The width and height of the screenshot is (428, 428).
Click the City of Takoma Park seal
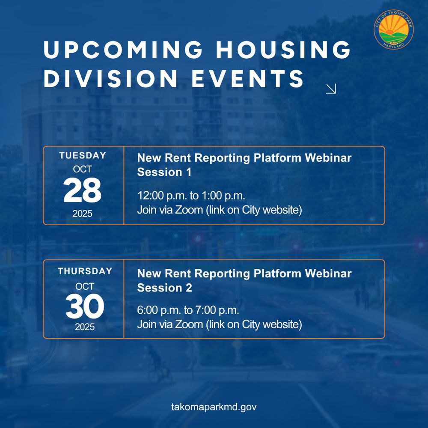(x=394, y=30)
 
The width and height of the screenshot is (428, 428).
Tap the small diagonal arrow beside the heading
(x=331, y=89)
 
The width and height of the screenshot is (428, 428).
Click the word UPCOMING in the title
(x=123, y=50)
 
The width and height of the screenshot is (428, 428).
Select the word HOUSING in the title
(x=283, y=50)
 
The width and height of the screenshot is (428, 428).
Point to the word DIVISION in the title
(x=111, y=79)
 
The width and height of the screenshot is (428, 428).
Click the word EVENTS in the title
(x=247, y=79)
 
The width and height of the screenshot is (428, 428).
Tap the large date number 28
(x=83, y=190)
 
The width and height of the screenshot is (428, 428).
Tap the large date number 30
(x=85, y=306)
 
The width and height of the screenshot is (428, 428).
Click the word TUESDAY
(x=83, y=156)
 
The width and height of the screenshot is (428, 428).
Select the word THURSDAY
(x=85, y=271)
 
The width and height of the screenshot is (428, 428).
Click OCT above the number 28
(x=83, y=169)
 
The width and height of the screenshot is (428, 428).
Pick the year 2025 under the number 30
(x=85, y=327)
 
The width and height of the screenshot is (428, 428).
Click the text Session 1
(x=164, y=172)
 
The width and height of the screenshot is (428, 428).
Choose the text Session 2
(x=165, y=288)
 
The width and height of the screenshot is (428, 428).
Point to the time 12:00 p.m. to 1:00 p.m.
(x=191, y=196)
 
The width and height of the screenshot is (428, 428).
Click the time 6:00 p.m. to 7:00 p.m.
(x=188, y=310)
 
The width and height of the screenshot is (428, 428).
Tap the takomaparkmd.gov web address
(x=214, y=407)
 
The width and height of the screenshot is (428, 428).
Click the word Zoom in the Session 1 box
(x=189, y=210)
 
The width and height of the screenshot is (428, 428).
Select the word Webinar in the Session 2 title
(x=328, y=273)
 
